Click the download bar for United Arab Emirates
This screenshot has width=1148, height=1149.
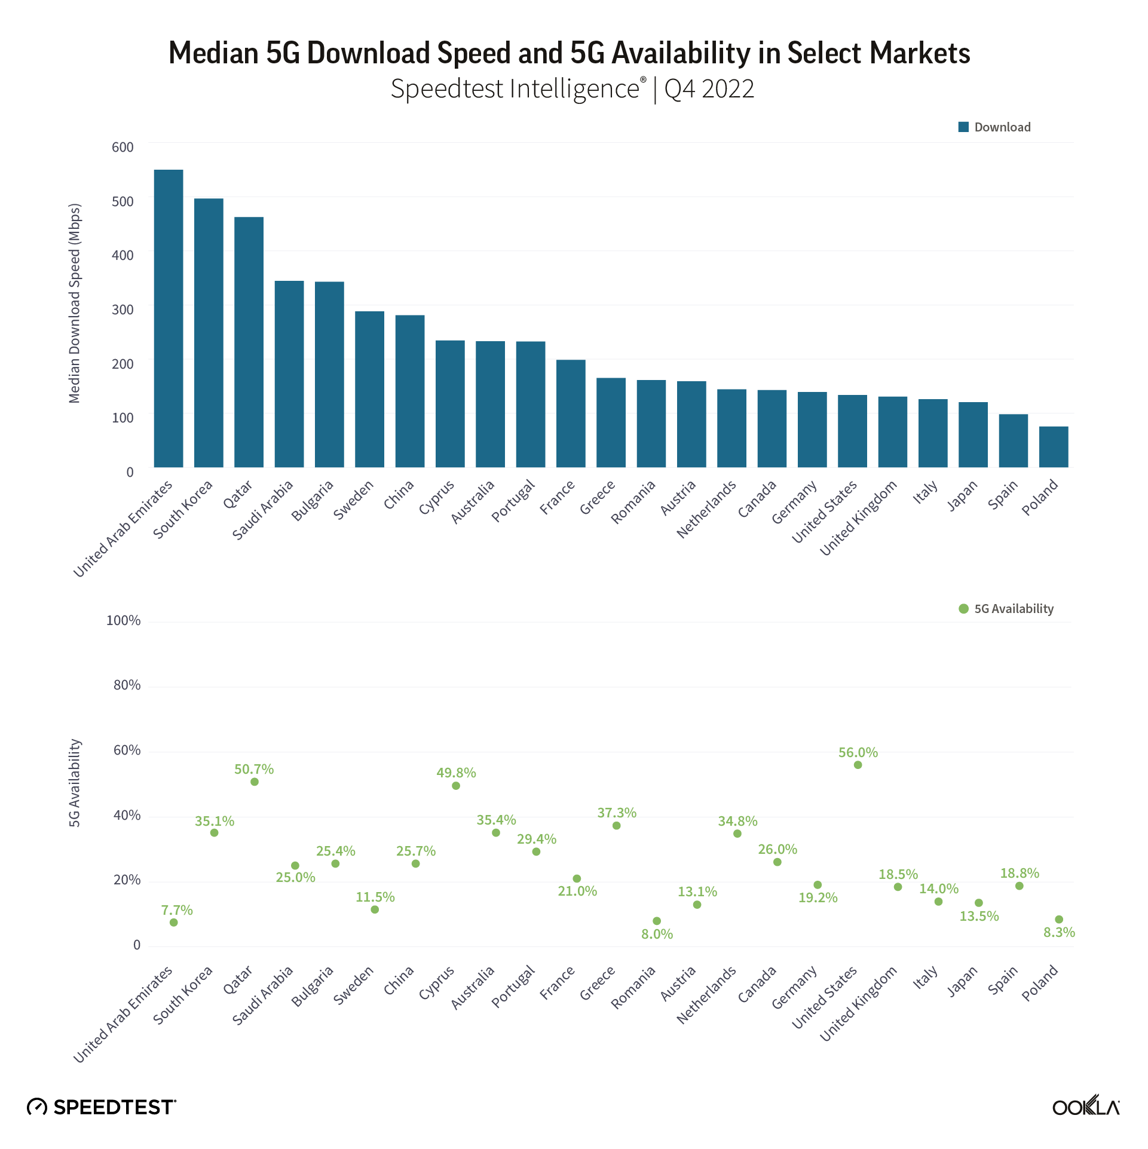(169, 318)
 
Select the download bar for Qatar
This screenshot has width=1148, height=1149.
(249, 342)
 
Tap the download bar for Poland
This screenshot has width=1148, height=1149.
(1054, 446)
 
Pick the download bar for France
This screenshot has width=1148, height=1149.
(571, 413)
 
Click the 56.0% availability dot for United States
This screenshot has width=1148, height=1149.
(858, 765)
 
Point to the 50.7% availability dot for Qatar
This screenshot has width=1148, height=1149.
(255, 782)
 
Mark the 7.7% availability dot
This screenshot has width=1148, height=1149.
(174, 923)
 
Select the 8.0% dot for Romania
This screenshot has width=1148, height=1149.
(657, 921)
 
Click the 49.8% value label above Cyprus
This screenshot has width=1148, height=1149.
(456, 773)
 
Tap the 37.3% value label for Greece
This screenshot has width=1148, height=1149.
(617, 813)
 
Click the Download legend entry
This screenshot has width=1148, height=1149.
(995, 127)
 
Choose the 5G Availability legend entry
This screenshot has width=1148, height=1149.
(1006, 609)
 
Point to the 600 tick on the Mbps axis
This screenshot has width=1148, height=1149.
(123, 147)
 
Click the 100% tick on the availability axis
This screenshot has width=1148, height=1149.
(123, 620)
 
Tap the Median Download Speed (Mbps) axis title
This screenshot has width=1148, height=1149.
(74, 304)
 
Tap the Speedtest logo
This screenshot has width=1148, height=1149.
(102, 1107)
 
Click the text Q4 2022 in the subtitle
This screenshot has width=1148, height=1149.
(709, 89)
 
